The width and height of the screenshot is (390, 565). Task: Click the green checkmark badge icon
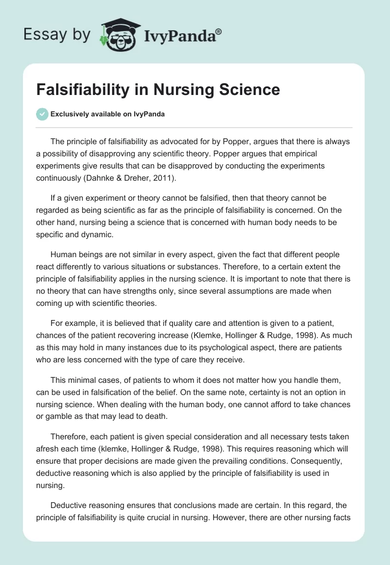pyautogui.click(x=42, y=114)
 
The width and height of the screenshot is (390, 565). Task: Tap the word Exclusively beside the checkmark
pyautogui.click(x=69, y=114)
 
